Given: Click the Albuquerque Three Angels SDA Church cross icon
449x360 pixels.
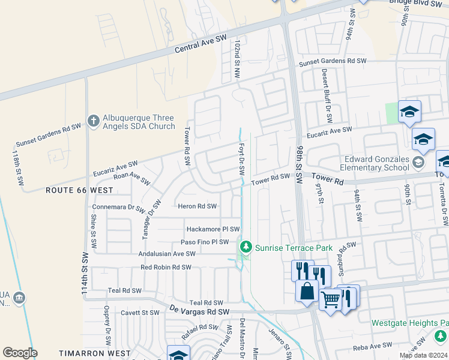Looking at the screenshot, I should pyautogui.click(x=93, y=121).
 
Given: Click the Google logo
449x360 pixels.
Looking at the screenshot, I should pyautogui.click(x=20, y=353).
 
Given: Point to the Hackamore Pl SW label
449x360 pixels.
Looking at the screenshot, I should pyautogui.click(x=213, y=229).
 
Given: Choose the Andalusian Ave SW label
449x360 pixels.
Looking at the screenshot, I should pyautogui.click(x=168, y=254).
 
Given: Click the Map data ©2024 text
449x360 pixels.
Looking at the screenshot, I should pyautogui.click(x=423, y=355).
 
